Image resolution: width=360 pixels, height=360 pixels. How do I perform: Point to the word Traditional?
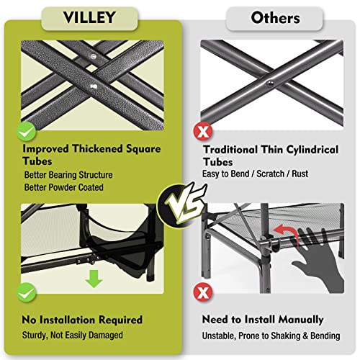point(235,150)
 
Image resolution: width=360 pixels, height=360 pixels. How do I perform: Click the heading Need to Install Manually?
point(263,319)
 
